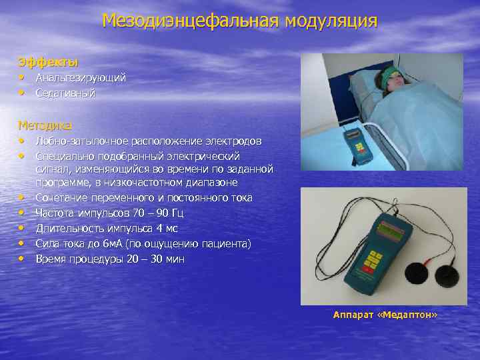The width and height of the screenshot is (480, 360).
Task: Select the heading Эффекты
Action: pos(48,63)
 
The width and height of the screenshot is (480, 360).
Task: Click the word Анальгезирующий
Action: pos(81,78)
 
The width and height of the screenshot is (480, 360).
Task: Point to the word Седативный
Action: pos(65,93)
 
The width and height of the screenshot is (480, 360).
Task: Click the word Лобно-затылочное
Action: pos(78,141)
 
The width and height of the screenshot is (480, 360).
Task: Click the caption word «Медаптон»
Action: pos(408,314)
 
